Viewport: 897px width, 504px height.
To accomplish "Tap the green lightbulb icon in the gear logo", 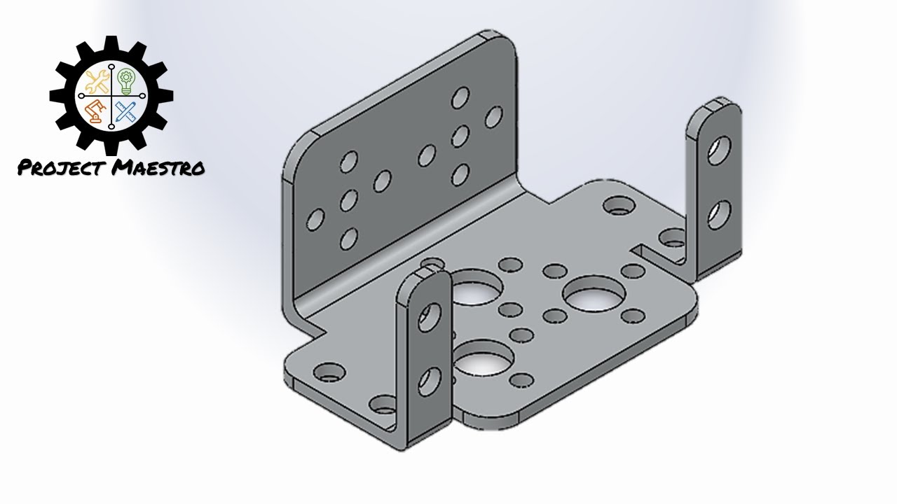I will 126,80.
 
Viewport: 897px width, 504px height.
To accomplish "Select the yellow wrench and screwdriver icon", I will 95,83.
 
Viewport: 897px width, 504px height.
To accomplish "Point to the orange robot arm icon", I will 95,111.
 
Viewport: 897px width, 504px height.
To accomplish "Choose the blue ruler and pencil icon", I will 127,111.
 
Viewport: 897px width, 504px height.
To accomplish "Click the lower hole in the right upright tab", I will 717,215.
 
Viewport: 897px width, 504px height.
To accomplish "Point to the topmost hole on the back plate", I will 460,97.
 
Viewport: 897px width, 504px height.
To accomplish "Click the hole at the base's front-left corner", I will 327,372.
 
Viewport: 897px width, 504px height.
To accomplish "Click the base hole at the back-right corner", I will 617,205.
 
